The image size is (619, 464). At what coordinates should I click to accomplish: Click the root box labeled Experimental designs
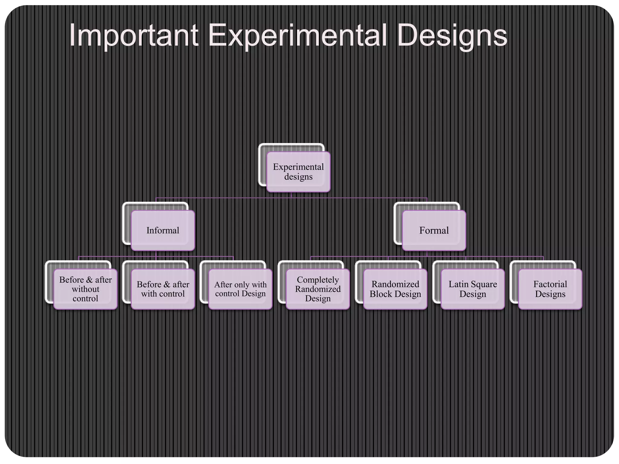[x=298, y=172]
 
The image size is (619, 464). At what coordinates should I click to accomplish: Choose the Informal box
[x=163, y=230]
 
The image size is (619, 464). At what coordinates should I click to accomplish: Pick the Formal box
[x=434, y=230]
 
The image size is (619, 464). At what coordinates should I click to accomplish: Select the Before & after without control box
[x=85, y=289]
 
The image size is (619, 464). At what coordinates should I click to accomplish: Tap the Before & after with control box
[x=163, y=289]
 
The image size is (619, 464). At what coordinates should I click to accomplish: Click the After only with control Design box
[x=240, y=289]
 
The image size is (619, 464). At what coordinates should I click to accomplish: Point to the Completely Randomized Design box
[x=318, y=289]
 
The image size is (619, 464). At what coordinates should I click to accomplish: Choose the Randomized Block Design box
[x=395, y=289]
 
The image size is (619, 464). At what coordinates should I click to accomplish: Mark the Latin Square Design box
[x=473, y=289]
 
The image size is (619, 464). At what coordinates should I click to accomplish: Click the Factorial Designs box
[x=550, y=289]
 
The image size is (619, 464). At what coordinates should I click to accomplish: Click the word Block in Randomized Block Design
[x=381, y=294]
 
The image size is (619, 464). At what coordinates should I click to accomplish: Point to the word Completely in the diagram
[x=318, y=280]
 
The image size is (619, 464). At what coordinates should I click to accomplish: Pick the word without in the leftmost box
[x=86, y=289]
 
